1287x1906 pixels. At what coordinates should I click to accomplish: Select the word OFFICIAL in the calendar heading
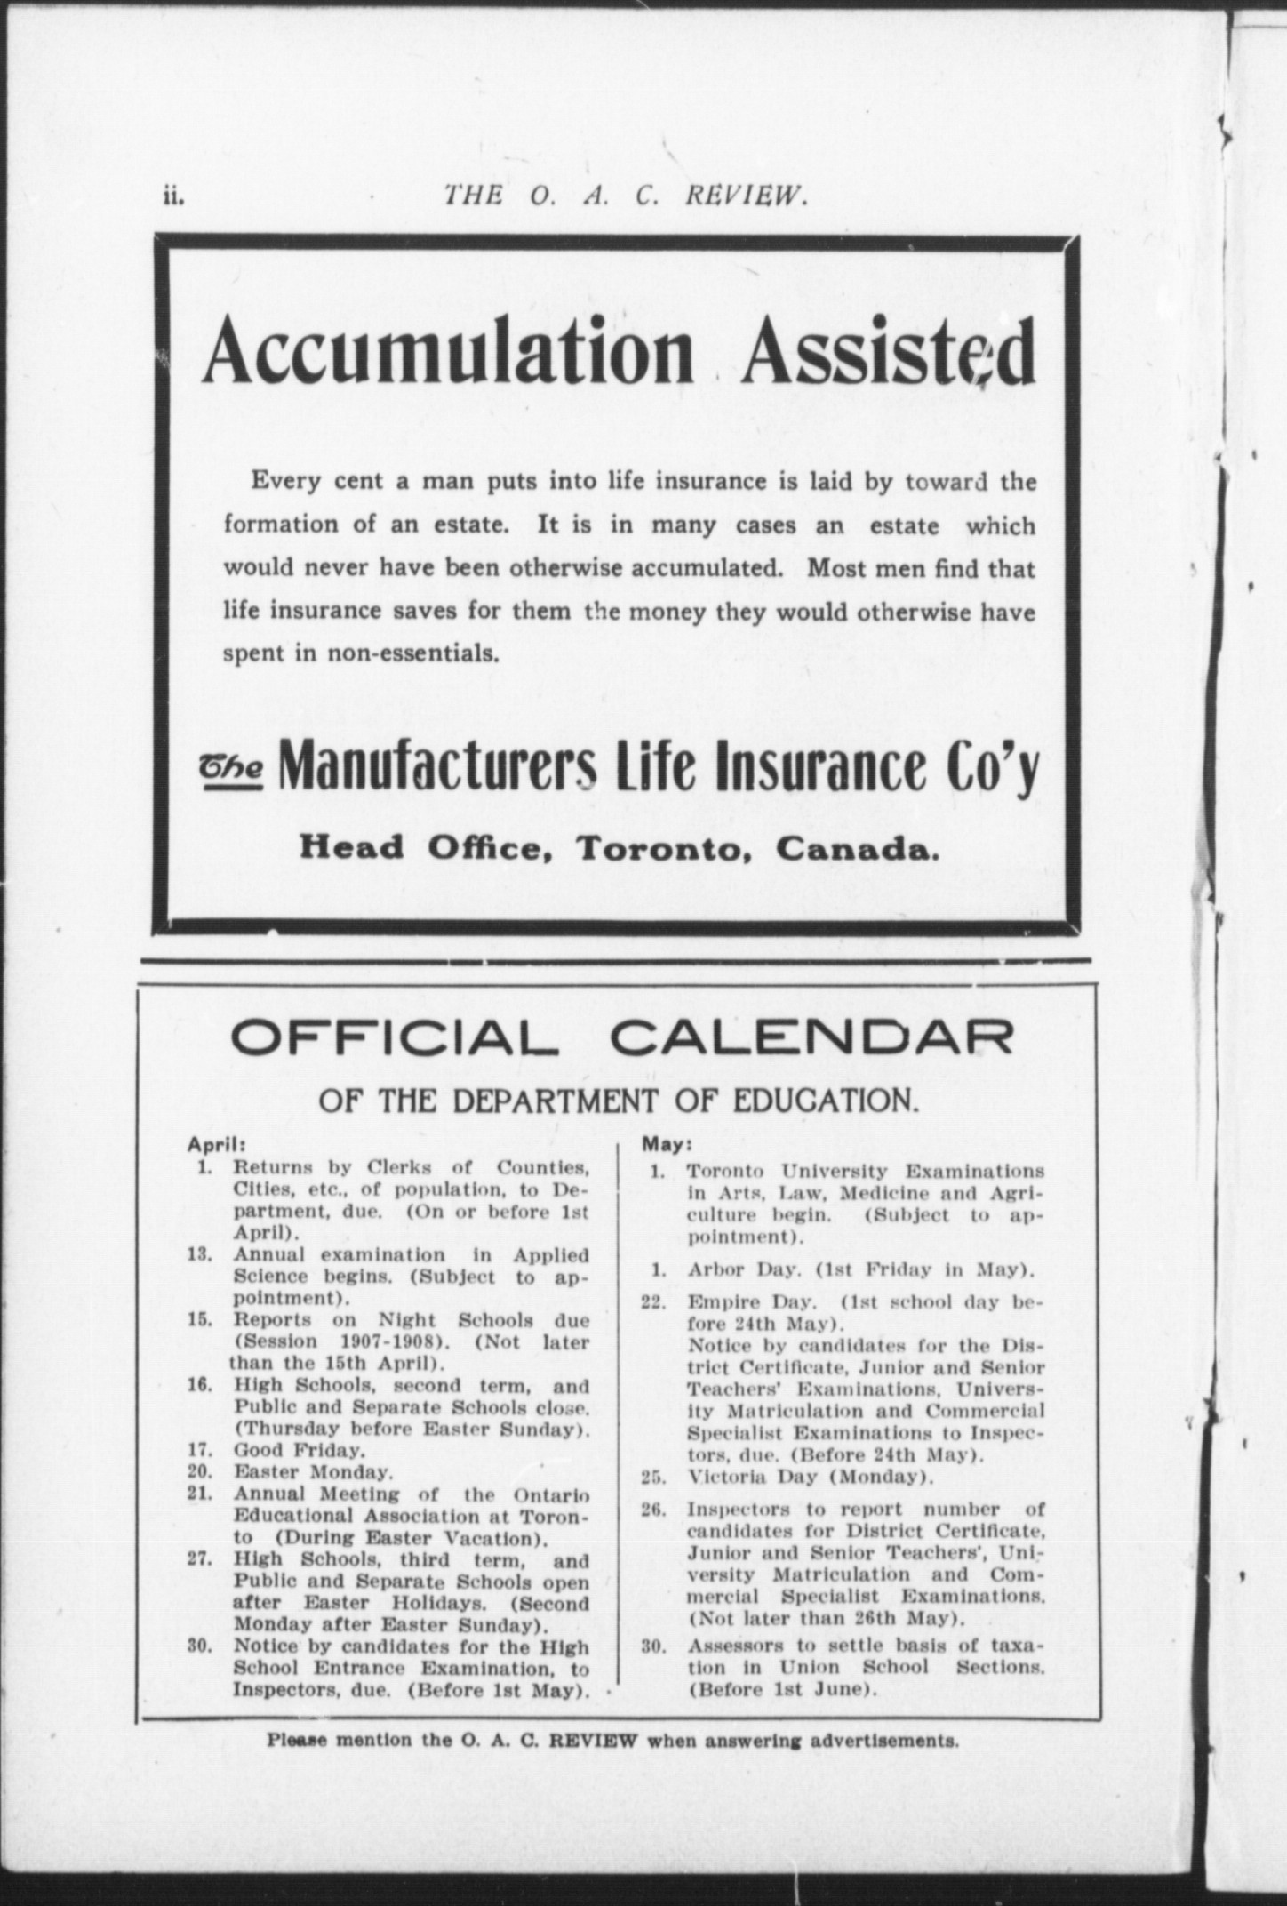(388, 1038)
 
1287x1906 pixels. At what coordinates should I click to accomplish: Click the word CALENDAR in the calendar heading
(811, 1038)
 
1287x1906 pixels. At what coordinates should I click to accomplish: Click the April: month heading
(211, 1145)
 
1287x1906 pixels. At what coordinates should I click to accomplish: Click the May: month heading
(660, 1145)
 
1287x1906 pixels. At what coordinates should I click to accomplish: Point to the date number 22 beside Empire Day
(653, 1302)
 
